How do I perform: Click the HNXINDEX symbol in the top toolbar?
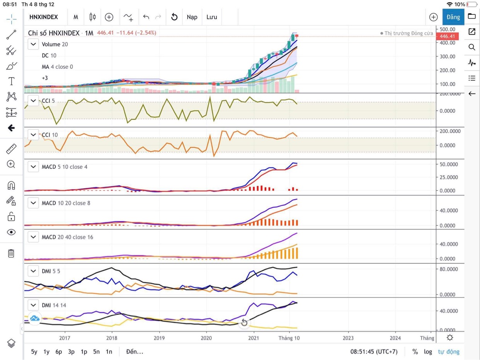[44, 17]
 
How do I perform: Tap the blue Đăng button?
[453, 17]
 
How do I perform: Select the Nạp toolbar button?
[192, 17]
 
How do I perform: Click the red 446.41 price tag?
[447, 36]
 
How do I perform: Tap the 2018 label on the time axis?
[112, 338]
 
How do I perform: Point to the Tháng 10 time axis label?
[289, 338]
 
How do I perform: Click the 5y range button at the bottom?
[34, 352]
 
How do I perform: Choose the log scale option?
[428, 352]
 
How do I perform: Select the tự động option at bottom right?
[449, 352]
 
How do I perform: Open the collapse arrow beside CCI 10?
[33, 135]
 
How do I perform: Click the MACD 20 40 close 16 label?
[67, 237]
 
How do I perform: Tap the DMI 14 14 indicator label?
[54, 306]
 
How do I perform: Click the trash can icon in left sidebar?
[11, 253]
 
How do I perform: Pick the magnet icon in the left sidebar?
[11, 185]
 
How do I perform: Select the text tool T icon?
[11, 81]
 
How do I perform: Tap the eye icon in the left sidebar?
[11, 232]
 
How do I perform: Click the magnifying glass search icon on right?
[471, 47]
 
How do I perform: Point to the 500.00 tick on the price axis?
[447, 29]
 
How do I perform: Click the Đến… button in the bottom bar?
[134, 352]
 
